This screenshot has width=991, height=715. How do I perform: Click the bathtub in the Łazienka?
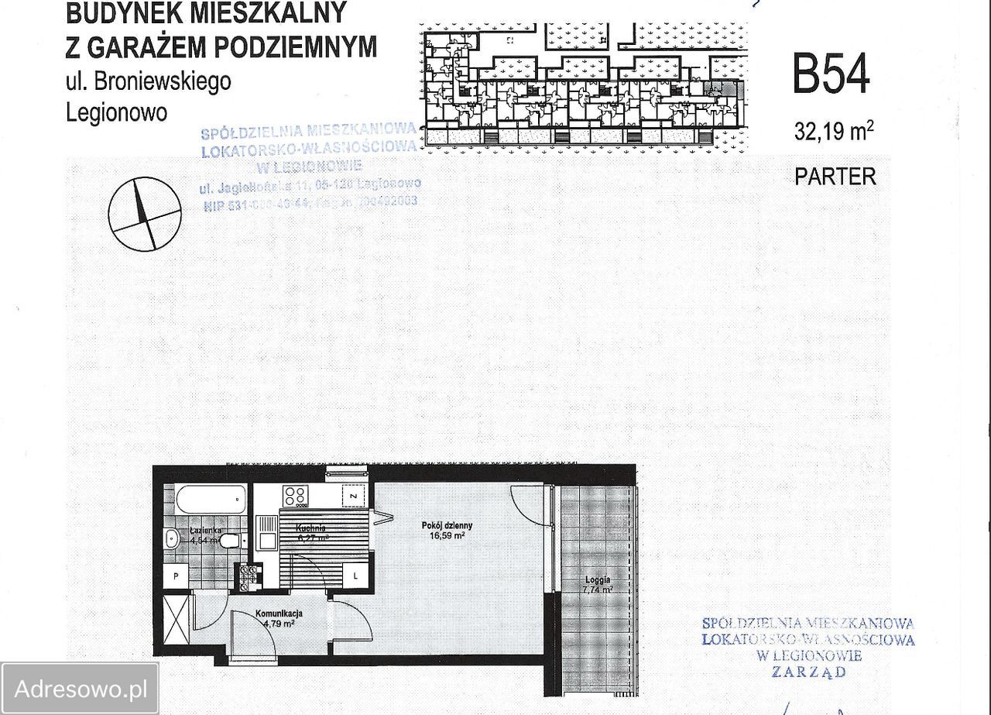click(211, 500)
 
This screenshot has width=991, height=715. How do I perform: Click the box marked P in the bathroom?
click(177, 576)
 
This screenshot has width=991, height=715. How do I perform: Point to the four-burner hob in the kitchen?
click(295, 496)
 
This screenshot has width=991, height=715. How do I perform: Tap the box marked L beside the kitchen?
click(355, 576)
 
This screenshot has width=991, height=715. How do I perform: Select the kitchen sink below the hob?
click(267, 531)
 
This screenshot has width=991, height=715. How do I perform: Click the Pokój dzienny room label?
click(447, 525)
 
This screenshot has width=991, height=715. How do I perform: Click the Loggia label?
click(597, 579)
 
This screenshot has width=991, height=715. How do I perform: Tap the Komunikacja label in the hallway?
click(279, 614)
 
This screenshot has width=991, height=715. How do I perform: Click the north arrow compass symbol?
click(145, 214)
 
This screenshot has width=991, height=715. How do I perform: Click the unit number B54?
click(831, 74)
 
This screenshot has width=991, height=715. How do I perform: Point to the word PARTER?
click(835, 177)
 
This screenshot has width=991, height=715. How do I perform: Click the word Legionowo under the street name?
click(117, 112)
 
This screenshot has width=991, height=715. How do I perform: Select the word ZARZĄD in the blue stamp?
click(808, 672)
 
